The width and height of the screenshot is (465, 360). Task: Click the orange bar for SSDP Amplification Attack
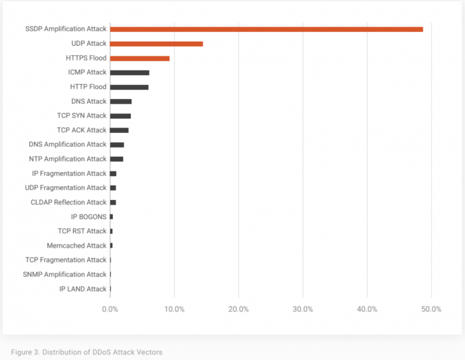pyautogui.click(x=266, y=29)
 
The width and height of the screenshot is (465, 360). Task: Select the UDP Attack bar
pyautogui.click(x=156, y=44)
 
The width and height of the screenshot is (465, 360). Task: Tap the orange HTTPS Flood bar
pyautogui.click(x=139, y=58)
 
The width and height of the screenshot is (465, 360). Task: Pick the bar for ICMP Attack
pyautogui.click(x=130, y=72)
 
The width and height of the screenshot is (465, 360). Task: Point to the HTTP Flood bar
pyautogui.click(x=129, y=87)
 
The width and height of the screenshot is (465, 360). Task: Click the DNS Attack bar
pyautogui.click(x=121, y=102)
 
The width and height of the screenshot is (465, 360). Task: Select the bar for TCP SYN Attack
pyautogui.click(x=120, y=116)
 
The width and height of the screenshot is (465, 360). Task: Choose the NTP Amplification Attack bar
pyautogui.click(x=116, y=159)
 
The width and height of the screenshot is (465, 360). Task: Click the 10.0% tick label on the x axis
pyautogui.click(x=174, y=309)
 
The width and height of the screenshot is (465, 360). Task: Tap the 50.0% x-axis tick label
pyautogui.click(x=431, y=309)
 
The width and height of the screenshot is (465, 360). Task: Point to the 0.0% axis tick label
pyautogui.click(x=110, y=309)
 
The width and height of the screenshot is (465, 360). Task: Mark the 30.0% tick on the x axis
pyautogui.click(x=303, y=309)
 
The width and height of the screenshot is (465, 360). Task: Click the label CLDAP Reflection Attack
pyautogui.click(x=68, y=202)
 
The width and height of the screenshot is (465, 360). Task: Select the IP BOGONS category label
pyautogui.click(x=88, y=217)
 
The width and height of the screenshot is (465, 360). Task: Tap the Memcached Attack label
pyautogui.click(x=76, y=246)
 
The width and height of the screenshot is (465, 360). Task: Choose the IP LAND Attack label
pyautogui.click(x=82, y=289)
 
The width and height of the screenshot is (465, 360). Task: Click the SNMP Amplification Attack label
pyautogui.click(x=64, y=274)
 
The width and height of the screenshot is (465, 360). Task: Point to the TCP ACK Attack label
pyautogui.click(x=82, y=130)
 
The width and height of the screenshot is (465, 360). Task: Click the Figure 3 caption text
pyautogui.click(x=86, y=351)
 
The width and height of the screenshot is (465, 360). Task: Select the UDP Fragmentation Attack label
pyautogui.click(x=66, y=188)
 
